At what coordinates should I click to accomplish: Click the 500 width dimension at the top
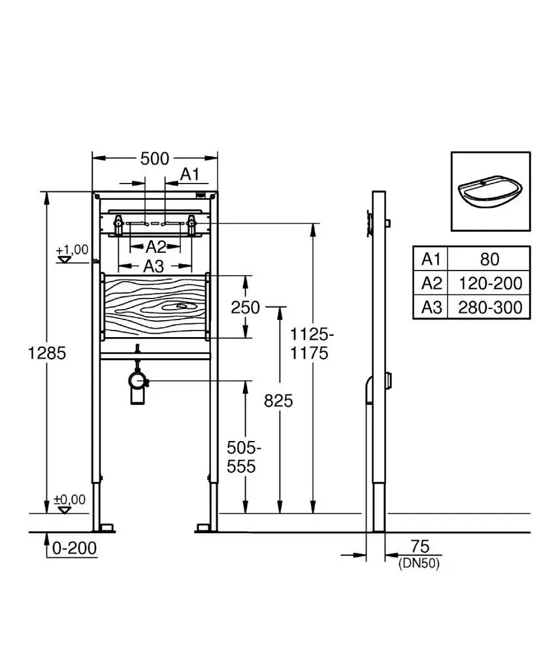click(x=155, y=159)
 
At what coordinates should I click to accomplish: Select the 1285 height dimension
click(x=47, y=353)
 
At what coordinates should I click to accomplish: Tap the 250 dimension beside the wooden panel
click(x=245, y=308)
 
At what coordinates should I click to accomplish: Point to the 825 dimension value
click(x=278, y=401)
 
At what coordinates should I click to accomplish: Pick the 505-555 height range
click(x=244, y=457)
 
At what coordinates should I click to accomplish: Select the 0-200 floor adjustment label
click(x=74, y=548)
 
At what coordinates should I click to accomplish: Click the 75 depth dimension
click(x=419, y=547)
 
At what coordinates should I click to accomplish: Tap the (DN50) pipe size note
click(x=419, y=564)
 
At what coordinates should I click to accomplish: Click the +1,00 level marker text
click(x=72, y=250)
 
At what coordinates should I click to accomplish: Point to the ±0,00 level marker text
click(x=69, y=499)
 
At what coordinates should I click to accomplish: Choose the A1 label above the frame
click(x=190, y=174)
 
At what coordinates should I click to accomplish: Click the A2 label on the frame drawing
click(x=156, y=246)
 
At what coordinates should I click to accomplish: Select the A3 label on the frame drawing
click(x=154, y=267)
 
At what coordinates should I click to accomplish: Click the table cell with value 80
click(x=489, y=259)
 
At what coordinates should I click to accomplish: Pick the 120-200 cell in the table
click(x=490, y=283)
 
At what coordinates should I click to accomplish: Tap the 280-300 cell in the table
click(x=490, y=307)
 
